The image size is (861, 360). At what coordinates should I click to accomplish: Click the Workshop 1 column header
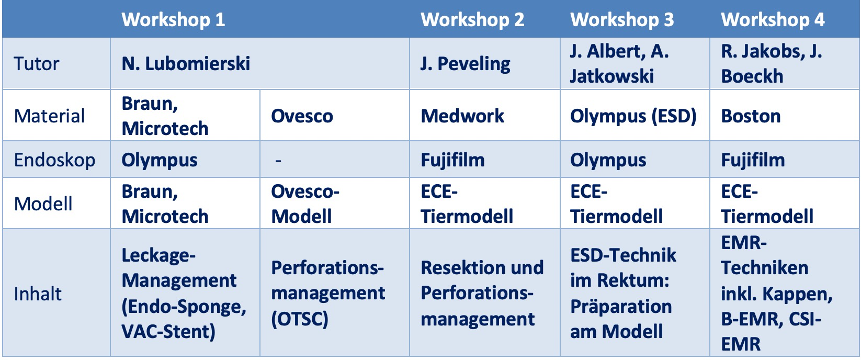[x=173, y=19]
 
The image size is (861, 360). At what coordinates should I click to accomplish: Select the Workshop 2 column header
[x=472, y=19]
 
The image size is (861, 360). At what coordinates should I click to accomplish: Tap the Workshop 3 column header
[x=622, y=19]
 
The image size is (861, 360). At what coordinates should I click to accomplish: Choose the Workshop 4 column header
[x=773, y=19]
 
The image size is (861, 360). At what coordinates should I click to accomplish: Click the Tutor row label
[x=37, y=64]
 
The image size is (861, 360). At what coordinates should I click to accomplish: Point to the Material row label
[x=49, y=116]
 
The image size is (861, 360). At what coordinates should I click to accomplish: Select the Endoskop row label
[x=54, y=160]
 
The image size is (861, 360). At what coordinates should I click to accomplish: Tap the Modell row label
[x=43, y=204]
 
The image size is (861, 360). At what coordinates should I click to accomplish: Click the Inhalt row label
[x=38, y=294]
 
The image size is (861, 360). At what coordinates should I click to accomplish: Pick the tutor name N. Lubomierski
[x=186, y=63]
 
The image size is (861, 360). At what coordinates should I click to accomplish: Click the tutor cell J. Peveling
[x=466, y=64]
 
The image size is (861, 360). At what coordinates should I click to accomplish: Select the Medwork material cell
[x=462, y=116]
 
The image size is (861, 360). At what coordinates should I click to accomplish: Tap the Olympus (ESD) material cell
[x=633, y=116]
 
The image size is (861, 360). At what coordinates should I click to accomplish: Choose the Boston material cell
[x=751, y=116]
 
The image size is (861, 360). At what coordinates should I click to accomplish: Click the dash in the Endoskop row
[x=278, y=161]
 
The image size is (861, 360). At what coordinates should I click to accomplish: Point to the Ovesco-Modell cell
[x=305, y=204]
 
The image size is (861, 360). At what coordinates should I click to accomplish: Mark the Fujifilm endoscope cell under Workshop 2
[x=452, y=160]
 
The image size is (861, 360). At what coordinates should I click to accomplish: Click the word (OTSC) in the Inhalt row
[x=300, y=319]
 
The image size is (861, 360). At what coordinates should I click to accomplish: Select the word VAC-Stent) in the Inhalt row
[x=168, y=332]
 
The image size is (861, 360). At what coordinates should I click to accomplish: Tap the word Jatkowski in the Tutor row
[x=612, y=76]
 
